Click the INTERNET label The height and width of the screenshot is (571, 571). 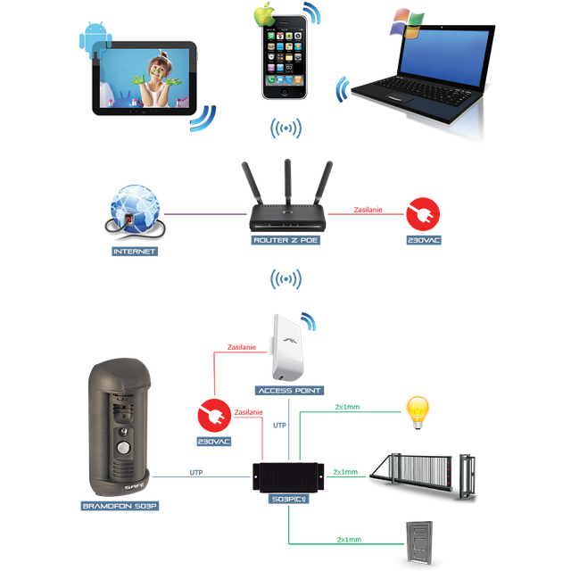click(135, 252)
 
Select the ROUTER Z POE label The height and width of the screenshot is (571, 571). click(285, 240)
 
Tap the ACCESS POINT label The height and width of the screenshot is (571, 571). click(289, 391)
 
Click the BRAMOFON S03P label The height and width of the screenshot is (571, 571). click(120, 506)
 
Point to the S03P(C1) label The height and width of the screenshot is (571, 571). click(289, 499)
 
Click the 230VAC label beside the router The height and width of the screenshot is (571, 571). click(424, 240)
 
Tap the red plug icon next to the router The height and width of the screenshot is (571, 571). click(423, 214)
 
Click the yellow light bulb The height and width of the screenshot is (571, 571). click(418, 412)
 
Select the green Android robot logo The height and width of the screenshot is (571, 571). click(95, 39)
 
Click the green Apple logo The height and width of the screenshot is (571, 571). click(265, 14)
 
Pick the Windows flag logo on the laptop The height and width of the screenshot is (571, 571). click(407, 23)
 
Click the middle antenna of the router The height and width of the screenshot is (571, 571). click(287, 182)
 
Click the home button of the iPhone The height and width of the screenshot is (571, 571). click(285, 92)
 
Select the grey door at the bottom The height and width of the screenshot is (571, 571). click(419, 542)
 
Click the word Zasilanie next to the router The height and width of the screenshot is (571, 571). click(368, 210)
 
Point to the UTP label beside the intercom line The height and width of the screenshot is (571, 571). click(196, 472)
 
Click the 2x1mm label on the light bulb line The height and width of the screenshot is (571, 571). click(347, 407)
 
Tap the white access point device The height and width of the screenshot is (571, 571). click(287, 348)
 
